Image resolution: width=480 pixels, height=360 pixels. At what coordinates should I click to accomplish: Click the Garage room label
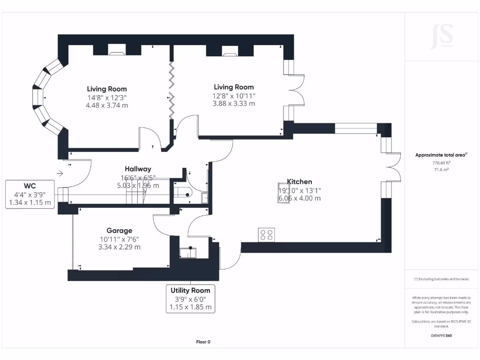click(119, 231)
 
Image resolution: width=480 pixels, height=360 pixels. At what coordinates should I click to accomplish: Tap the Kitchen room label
click(300, 182)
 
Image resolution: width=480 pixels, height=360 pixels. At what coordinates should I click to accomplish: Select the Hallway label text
click(138, 169)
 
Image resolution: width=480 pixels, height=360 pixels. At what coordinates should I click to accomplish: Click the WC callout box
click(30, 194)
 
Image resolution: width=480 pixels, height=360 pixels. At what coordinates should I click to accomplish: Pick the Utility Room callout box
click(190, 299)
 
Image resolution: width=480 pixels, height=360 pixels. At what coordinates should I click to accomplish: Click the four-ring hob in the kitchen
click(266, 235)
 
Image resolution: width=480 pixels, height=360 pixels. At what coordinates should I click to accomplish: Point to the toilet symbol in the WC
click(183, 194)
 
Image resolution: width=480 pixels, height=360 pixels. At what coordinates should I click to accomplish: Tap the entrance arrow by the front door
click(60, 173)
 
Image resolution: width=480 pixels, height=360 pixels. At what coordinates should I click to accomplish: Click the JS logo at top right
click(441, 37)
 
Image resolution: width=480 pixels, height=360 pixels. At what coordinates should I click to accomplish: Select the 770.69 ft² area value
click(441, 163)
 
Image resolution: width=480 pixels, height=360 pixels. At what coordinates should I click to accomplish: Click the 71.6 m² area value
click(441, 170)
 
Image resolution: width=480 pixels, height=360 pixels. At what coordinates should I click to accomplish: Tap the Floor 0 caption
click(203, 342)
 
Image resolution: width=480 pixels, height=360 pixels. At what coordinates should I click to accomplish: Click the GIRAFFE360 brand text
click(441, 336)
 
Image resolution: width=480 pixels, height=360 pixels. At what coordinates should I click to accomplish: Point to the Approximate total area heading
click(441, 155)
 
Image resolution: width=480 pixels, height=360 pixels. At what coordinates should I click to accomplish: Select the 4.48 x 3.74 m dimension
click(107, 105)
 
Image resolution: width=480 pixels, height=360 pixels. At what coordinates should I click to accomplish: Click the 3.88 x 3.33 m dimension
click(233, 104)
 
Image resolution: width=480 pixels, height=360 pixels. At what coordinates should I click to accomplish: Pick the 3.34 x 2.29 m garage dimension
click(119, 247)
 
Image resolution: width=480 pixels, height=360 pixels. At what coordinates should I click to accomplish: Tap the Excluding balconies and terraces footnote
click(441, 279)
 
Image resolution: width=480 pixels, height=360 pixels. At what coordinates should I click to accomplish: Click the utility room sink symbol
click(189, 253)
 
